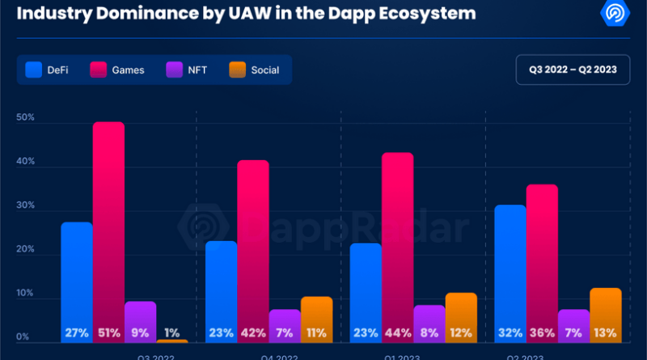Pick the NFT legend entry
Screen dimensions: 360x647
tap(188, 70)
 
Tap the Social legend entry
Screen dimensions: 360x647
tap(254, 70)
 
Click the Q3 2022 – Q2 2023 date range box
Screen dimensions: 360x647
tap(572, 69)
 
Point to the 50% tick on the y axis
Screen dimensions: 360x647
tap(25, 118)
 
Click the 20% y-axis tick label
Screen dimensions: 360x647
tap(25, 249)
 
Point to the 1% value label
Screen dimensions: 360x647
tap(171, 332)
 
